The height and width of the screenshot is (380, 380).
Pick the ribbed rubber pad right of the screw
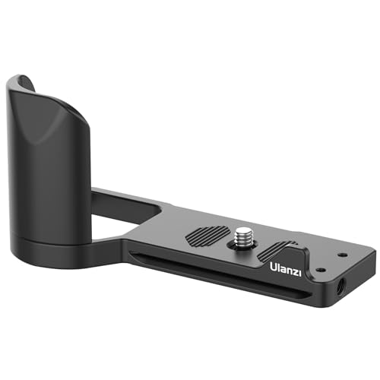click(280, 249)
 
